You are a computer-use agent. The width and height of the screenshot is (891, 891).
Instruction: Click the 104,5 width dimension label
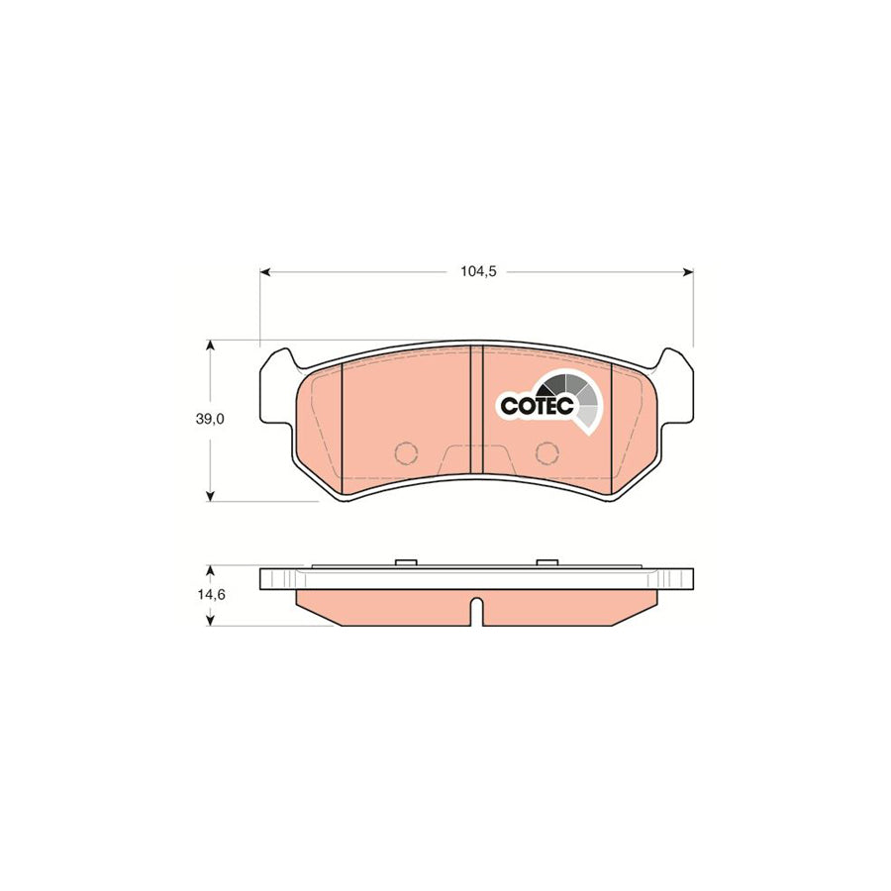[476, 271]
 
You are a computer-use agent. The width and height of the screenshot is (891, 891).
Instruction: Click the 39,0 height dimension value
[210, 419]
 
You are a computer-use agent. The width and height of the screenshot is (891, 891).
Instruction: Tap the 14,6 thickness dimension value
[210, 595]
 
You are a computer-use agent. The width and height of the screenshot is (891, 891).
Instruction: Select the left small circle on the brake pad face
[406, 453]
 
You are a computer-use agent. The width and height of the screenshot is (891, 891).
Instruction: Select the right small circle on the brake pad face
[545, 453]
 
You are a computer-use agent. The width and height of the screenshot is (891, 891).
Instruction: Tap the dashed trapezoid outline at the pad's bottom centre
[476, 458]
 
